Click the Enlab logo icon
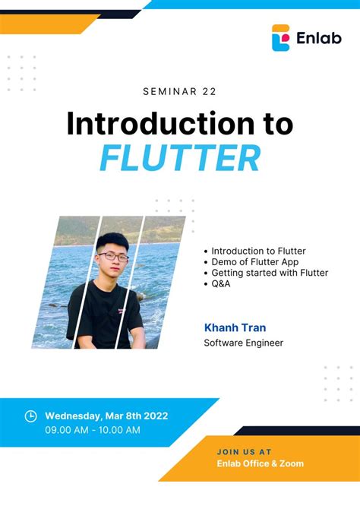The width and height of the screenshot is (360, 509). (281, 37)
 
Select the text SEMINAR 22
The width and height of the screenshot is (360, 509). (179, 92)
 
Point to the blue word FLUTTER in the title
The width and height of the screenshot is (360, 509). (180, 158)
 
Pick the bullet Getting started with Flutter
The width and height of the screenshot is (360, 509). (270, 273)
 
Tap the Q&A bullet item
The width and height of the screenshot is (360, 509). (220, 283)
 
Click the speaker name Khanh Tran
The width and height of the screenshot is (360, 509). (235, 327)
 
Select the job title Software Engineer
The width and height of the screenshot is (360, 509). (243, 343)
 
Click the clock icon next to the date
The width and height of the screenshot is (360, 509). (31, 416)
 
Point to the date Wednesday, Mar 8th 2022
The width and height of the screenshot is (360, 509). (106, 416)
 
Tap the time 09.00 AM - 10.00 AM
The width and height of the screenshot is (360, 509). (93, 430)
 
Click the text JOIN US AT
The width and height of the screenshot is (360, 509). (244, 451)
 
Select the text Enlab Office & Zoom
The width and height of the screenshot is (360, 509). (260, 463)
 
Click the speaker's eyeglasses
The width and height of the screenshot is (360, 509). (113, 257)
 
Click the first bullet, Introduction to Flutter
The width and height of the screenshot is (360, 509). (258, 251)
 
